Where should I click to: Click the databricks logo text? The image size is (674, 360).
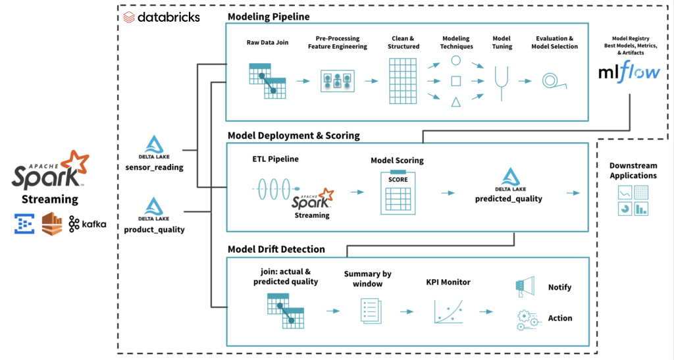pyautogui.click(x=168, y=17)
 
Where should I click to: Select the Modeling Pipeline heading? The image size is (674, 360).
pyautogui.click(x=269, y=16)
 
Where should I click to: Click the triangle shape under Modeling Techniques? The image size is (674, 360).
pyautogui.click(x=455, y=101)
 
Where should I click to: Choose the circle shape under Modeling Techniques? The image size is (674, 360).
pyautogui.click(x=455, y=61)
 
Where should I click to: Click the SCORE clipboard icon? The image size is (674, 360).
pyautogui.click(x=397, y=193)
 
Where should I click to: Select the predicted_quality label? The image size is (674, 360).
pyautogui.click(x=509, y=199)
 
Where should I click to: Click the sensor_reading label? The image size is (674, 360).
pyautogui.click(x=154, y=167)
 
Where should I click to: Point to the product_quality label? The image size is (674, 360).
pyautogui.click(x=154, y=229)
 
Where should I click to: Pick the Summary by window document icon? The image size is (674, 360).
pyautogui.click(x=371, y=310)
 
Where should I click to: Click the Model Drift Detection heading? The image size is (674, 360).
pyautogui.click(x=276, y=249)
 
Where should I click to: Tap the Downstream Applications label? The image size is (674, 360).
pyautogui.click(x=633, y=171)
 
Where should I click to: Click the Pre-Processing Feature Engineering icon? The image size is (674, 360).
pyautogui.click(x=338, y=81)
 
